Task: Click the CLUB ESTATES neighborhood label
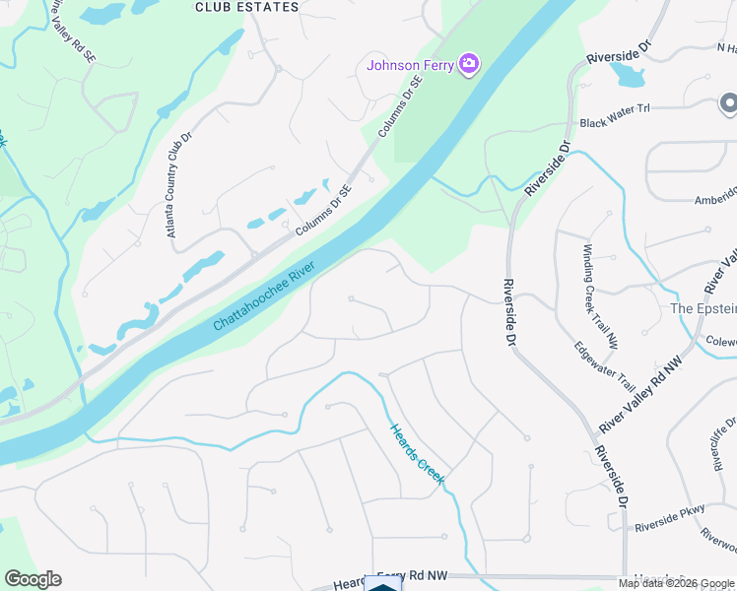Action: [246, 7]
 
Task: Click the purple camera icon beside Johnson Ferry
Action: [469, 65]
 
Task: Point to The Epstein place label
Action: [703, 308]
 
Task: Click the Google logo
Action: [33, 579]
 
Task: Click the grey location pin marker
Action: [728, 102]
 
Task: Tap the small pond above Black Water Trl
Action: [625, 71]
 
